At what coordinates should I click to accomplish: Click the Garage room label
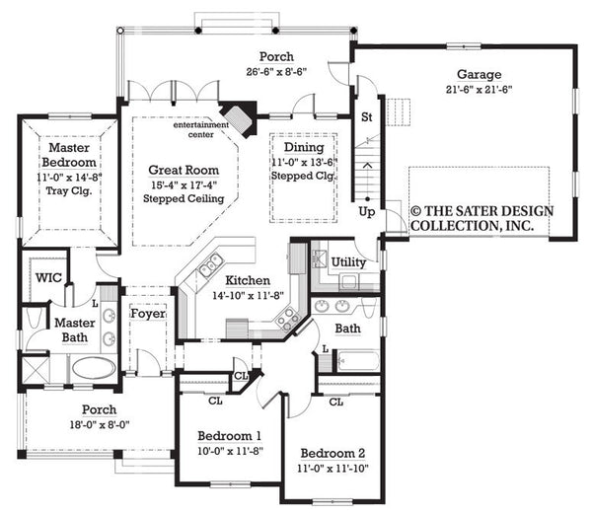(479, 74)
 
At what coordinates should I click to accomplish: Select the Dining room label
(305, 147)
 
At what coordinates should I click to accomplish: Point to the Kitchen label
(247, 280)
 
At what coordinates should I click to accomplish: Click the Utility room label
(349, 262)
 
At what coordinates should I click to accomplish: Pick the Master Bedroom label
(69, 155)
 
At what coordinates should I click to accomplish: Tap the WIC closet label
(49, 277)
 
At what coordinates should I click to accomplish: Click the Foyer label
(148, 314)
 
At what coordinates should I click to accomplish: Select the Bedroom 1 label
(229, 435)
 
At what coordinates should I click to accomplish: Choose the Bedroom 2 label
(333, 453)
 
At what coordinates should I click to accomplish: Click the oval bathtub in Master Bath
(94, 368)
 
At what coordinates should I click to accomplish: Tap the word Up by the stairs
(367, 210)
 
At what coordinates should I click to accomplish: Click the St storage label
(366, 117)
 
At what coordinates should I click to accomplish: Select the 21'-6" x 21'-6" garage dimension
(479, 89)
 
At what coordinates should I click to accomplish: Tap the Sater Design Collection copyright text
(482, 218)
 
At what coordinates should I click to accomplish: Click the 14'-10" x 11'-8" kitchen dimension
(247, 294)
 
